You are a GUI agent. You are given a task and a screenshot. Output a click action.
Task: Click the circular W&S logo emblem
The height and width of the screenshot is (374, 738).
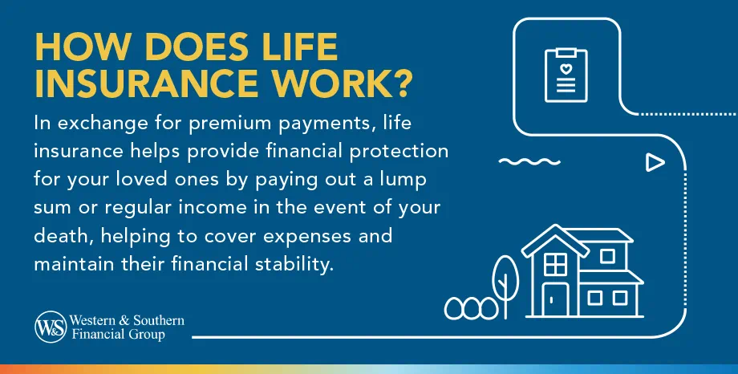[50, 327]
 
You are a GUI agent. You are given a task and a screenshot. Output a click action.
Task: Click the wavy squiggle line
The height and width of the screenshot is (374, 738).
[527, 161]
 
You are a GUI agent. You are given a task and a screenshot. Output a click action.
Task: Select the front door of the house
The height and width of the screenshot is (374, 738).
[553, 300]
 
